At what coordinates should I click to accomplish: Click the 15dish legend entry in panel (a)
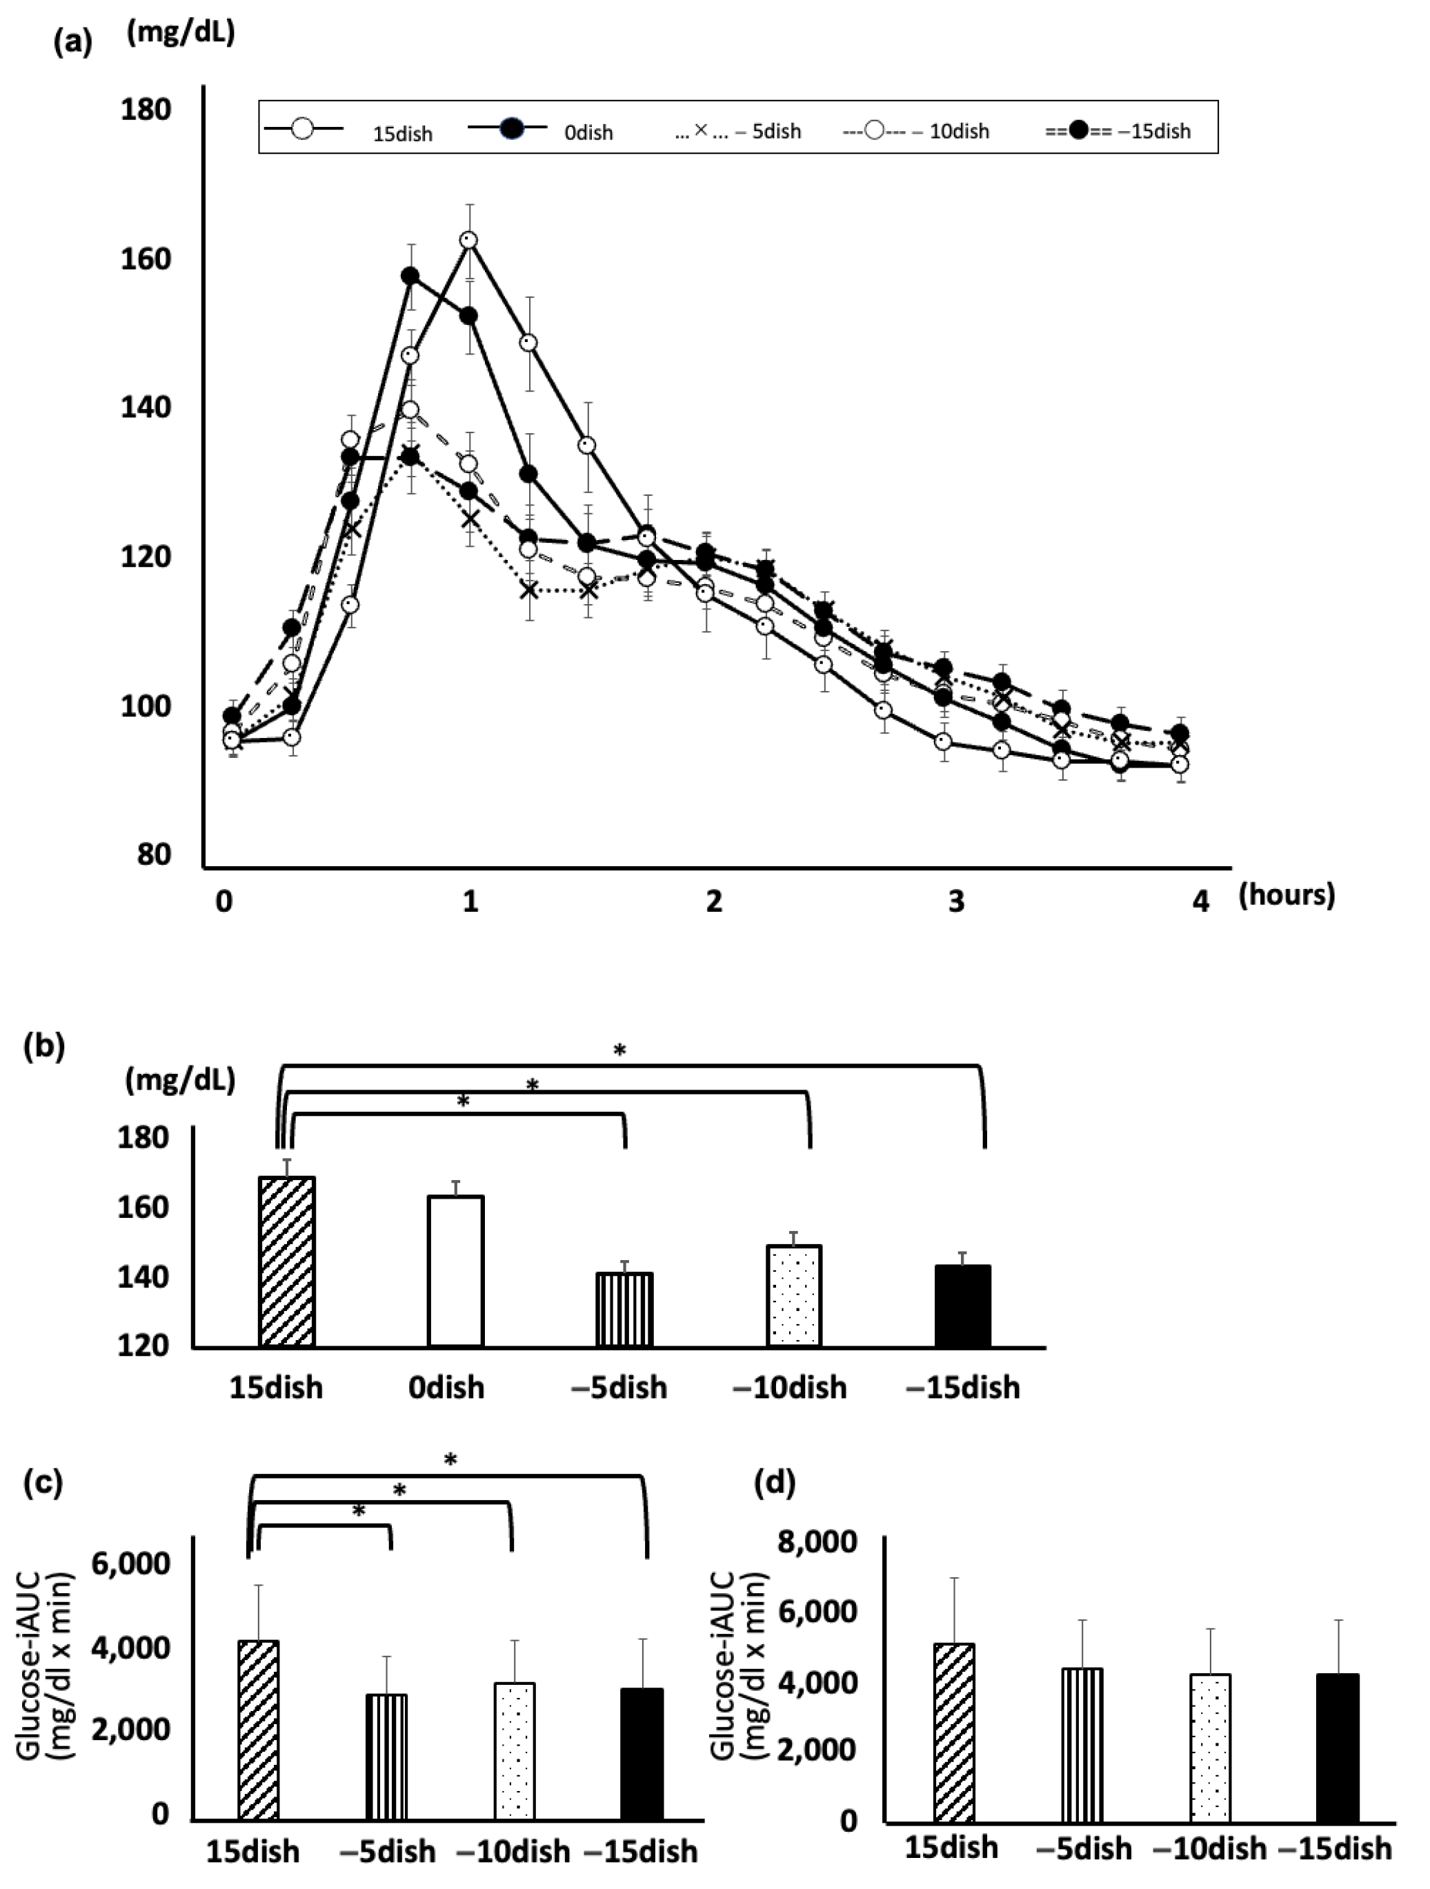pos(350,130)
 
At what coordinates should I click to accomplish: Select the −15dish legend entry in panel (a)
pos(1119,130)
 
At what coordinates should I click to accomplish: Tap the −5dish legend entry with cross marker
pos(739,130)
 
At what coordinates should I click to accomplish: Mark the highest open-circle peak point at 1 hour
pos(468,240)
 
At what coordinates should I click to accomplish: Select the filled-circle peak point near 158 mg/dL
pos(410,276)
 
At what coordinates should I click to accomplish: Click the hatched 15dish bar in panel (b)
pos(287,1262)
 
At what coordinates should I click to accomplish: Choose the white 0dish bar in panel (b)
pos(456,1272)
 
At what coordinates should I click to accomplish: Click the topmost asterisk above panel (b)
pos(620,1051)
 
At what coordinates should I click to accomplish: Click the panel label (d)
pos(775,1483)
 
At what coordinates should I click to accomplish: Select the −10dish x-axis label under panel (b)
pos(790,1388)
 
